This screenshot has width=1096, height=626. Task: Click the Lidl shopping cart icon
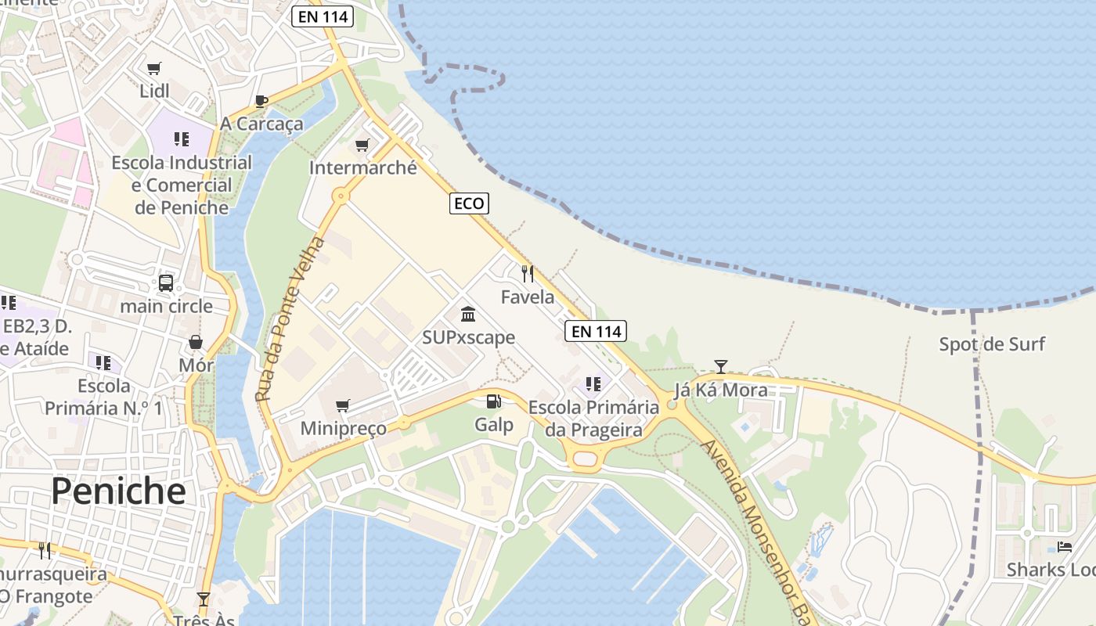coord(154,69)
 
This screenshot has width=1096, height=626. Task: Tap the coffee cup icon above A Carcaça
coord(261,101)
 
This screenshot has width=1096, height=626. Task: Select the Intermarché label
coord(362,167)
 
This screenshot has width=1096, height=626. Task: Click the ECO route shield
coord(469,203)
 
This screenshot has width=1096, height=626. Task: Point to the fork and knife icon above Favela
coord(528,274)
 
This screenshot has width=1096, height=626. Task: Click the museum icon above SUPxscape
coord(468,315)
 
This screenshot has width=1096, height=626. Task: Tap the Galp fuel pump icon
coord(494,402)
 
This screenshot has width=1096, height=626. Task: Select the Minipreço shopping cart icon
coord(342,406)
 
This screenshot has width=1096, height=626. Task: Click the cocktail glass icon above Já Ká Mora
coord(721,366)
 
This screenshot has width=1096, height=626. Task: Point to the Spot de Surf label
coord(992,344)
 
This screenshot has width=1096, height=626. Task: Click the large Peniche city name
coord(119,491)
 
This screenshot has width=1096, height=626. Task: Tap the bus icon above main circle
coord(166,283)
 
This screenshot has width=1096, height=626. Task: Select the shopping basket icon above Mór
coord(196,342)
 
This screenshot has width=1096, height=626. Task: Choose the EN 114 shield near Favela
coord(596,331)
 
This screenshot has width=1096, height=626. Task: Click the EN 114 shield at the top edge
coord(323,16)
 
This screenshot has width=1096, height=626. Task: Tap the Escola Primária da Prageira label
coord(593,419)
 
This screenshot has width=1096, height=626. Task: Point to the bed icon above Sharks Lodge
coord(1065,547)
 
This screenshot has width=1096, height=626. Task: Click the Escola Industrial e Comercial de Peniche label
coord(182,185)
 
